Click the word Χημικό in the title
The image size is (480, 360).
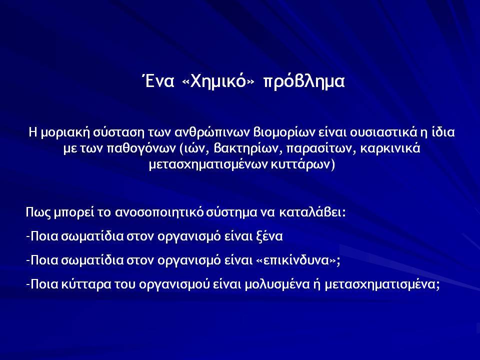click(218, 81)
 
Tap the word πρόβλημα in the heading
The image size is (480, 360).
click(304, 82)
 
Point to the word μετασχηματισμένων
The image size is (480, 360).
click(208, 165)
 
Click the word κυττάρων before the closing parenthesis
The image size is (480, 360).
click(299, 164)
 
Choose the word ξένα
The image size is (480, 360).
click(269, 236)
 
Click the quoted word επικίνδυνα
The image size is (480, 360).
click(295, 260)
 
